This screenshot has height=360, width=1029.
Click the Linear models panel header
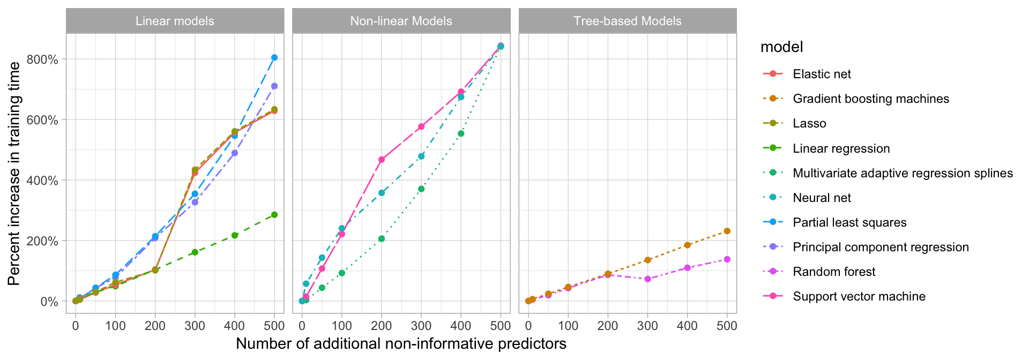[x=175, y=21]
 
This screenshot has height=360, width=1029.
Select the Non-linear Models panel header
[x=401, y=21]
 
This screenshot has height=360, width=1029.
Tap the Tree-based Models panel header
[x=627, y=21]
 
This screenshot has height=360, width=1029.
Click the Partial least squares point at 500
[x=274, y=57]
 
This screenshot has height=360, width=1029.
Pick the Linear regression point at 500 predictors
[x=274, y=214]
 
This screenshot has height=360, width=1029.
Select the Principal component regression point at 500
[x=274, y=86]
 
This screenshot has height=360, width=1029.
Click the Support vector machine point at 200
[x=382, y=159]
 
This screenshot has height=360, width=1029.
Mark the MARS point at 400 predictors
[x=461, y=133]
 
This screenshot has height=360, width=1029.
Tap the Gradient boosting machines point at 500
[x=727, y=231]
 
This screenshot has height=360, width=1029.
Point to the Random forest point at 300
[x=647, y=279]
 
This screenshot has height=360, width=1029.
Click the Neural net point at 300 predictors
[x=421, y=156]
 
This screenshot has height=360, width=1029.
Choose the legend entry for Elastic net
[x=821, y=74]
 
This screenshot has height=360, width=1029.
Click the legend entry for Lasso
[x=809, y=123]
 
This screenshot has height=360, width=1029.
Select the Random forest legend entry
[x=833, y=272]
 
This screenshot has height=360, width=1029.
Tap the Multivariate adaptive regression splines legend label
[x=903, y=173]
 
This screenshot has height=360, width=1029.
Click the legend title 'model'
[x=781, y=47]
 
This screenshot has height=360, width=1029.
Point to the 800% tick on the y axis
[x=46, y=59]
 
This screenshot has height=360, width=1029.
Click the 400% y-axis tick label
[x=46, y=181]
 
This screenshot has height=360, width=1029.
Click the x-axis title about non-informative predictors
[x=401, y=343]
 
